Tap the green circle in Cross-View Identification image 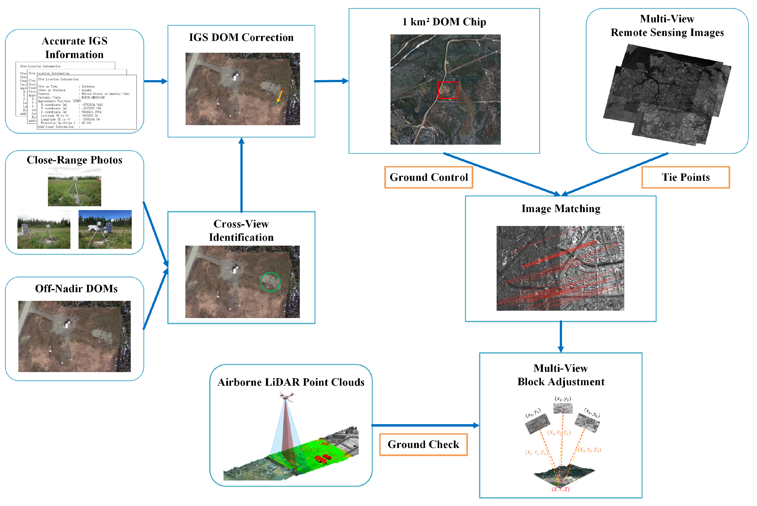pyautogui.click(x=270, y=282)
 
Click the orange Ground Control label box pyautogui.click(x=428, y=177)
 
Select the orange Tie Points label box pyautogui.click(x=685, y=177)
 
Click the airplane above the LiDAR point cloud pyautogui.click(x=287, y=396)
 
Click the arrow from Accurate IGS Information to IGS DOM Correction pyautogui.click(x=155, y=81)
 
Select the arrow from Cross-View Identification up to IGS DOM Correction pyautogui.click(x=241, y=174)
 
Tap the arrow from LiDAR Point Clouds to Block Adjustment pyautogui.click(x=425, y=425)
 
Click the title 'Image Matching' pyautogui.click(x=561, y=208)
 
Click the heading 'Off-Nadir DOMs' pyautogui.click(x=76, y=288)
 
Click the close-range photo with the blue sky pyautogui.click(x=105, y=229)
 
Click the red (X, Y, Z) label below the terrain pyautogui.click(x=560, y=489)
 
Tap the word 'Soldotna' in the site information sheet pyautogui.click(x=88, y=87)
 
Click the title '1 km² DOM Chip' pyautogui.click(x=444, y=22)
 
